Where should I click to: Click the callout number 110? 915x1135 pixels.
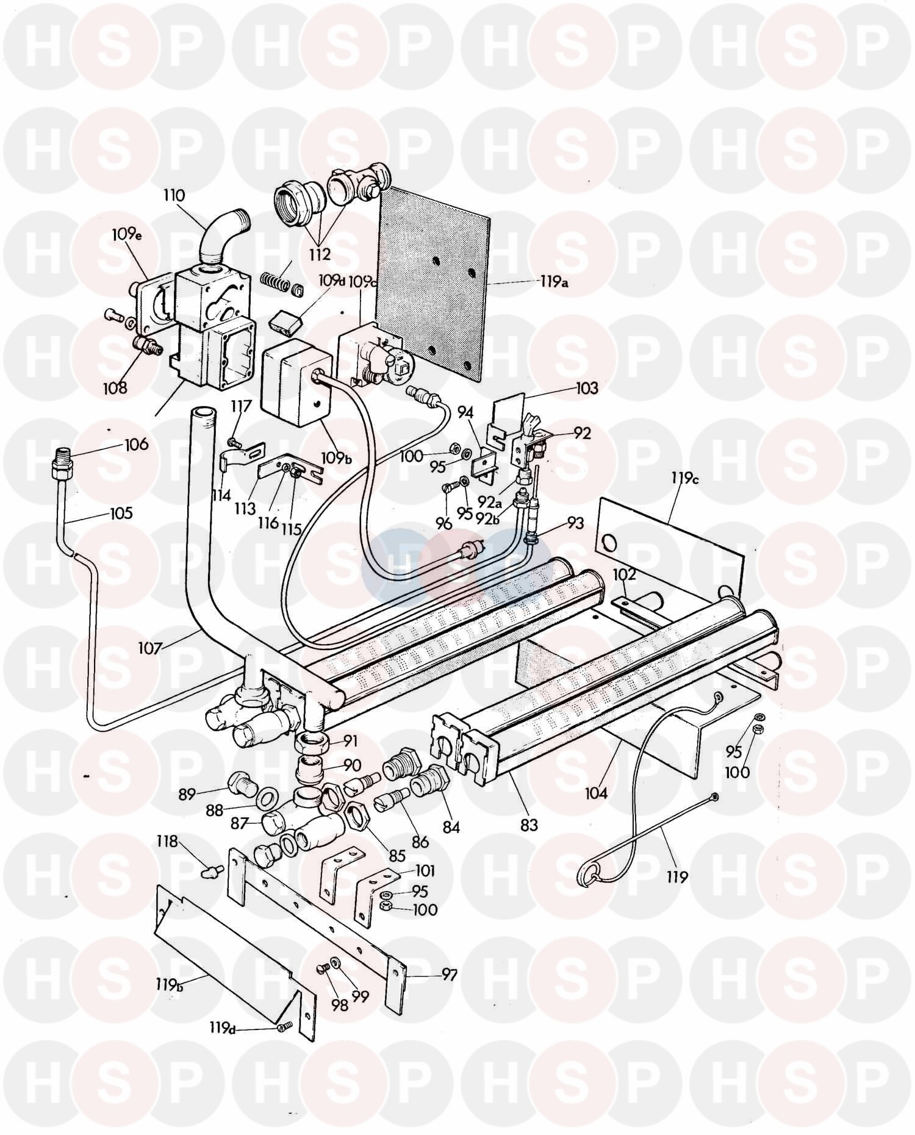point(173,196)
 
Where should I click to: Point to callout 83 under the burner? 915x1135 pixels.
point(529,824)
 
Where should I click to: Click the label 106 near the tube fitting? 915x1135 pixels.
point(135,444)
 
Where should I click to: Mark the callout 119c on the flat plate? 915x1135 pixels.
point(685,479)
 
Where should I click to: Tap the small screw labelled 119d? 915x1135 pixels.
point(281,1028)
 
